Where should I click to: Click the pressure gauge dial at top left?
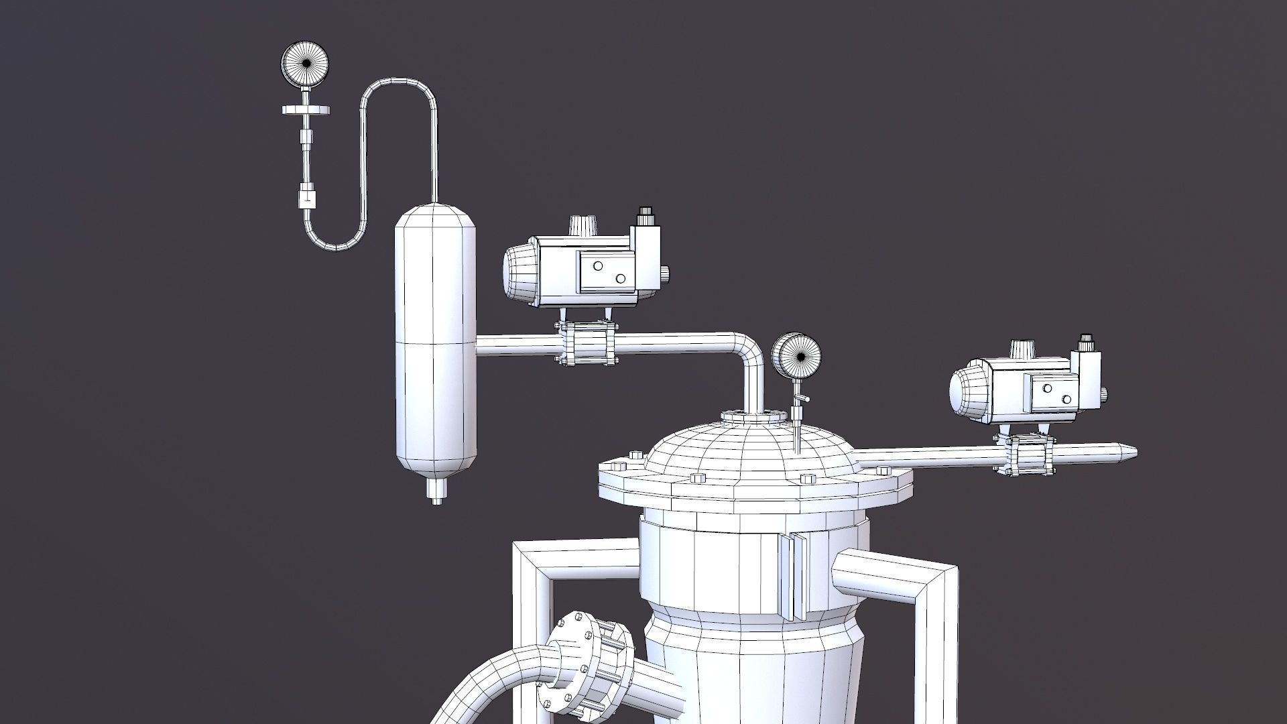click(306, 64)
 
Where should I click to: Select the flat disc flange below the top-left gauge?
click(306, 108)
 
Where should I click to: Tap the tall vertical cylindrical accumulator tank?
click(435, 342)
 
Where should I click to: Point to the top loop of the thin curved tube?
click(400, 84)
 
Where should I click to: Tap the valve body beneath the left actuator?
click(587, 344)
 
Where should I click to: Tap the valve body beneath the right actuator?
click(1026, 454)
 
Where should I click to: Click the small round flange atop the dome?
click(752, 418)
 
